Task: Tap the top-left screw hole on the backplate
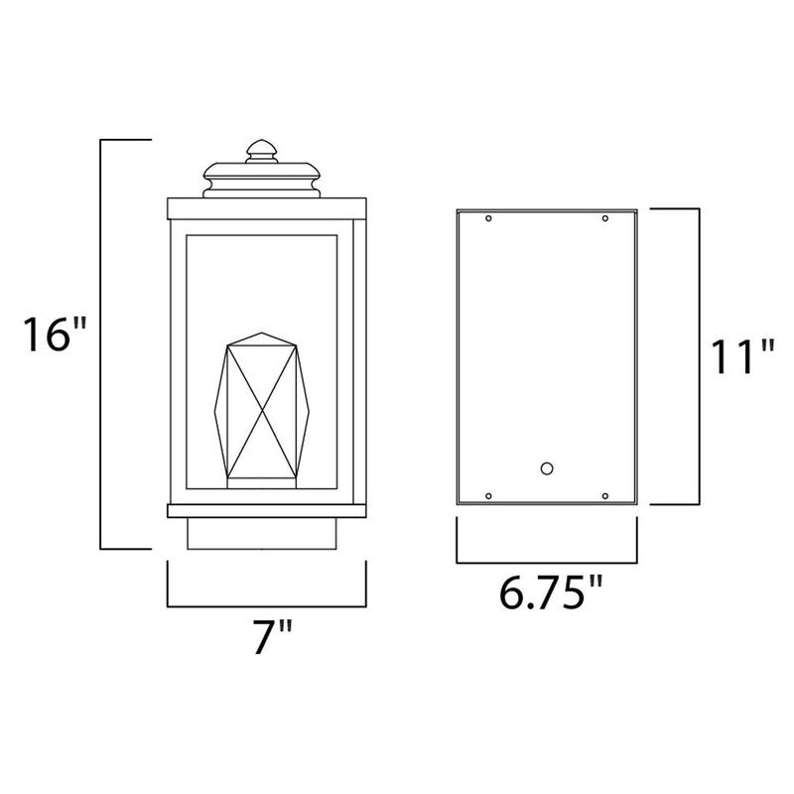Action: tap(487, 219)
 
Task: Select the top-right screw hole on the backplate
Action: tap(604, 219)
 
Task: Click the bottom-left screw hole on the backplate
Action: tap(487, 495)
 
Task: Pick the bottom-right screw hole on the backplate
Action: tap(604, 495)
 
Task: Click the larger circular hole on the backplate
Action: tap(545, 467)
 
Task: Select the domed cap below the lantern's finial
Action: tap(264, 180)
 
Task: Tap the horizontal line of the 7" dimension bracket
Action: tap(266, 605)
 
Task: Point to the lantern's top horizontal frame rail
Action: tap(265, 207)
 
